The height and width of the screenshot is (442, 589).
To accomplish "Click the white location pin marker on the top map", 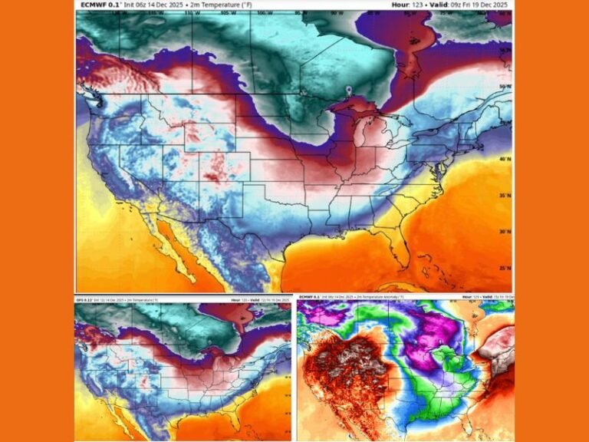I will point(349,91).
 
